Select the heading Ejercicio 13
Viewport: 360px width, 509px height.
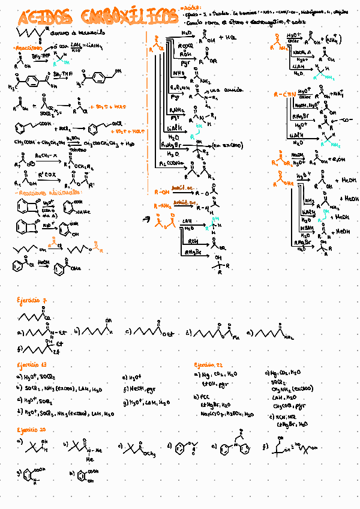(x=32, y=364)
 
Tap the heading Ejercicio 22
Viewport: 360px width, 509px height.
(x=209, y=364)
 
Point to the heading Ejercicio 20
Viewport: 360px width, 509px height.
(x=32, y=430)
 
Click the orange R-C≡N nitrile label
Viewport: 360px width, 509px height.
(x=282, y=95)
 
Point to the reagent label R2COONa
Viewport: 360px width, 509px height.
(x=172, y=163)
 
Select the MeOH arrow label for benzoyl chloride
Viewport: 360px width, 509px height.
(x=43, y=262)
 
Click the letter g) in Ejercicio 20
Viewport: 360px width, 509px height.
(x=20, y=473)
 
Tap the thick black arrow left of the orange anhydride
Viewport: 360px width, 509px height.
(x=145, y=220)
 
